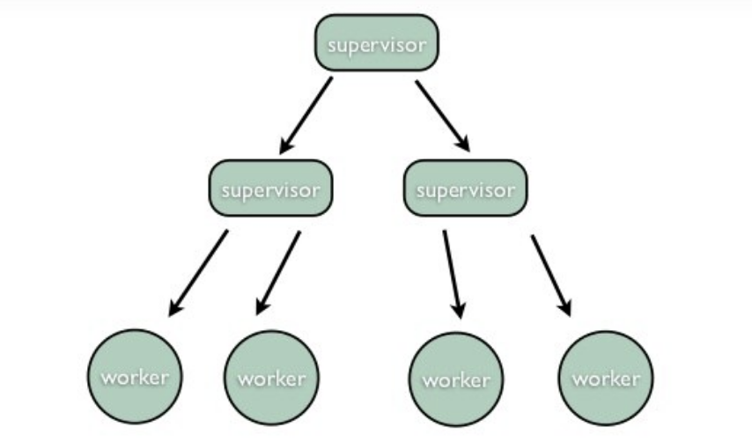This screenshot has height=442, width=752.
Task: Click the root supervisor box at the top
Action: (376, 43)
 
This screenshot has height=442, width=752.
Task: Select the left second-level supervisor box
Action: (270, 189)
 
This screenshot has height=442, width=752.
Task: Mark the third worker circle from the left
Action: (455, 379)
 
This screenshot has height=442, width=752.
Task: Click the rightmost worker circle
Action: (606, 379)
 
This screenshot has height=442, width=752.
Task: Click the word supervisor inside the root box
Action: (376, 43)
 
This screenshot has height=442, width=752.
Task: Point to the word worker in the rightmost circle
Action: (606, 379)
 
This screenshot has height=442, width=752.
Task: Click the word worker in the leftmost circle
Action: (135, 378)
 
